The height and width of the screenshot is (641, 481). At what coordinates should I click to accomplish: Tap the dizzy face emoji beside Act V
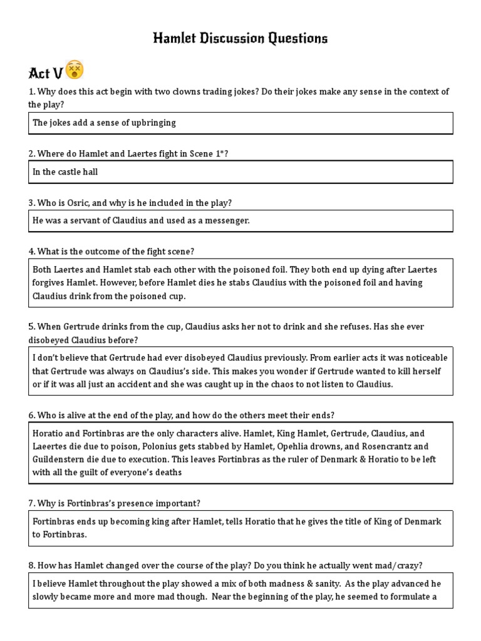point(75,69)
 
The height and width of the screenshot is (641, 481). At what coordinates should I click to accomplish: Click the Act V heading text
point(46,73)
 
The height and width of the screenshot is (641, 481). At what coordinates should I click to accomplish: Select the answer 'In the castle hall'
point(65,172)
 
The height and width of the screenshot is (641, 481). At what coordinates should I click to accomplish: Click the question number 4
point(31,252)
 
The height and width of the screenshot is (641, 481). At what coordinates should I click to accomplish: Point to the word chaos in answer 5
point(262,384)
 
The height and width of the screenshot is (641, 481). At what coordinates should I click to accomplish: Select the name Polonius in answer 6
point(150,446)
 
